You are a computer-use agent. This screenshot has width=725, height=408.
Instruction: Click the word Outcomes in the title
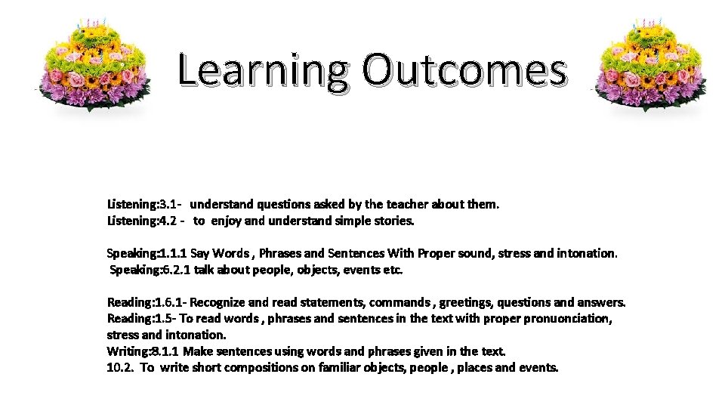(463, 70)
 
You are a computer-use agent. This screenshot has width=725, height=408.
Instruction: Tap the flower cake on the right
(651, 65)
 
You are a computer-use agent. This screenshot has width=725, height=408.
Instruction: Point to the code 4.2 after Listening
(169, 221)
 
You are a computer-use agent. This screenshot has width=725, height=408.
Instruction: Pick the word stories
(393, 221)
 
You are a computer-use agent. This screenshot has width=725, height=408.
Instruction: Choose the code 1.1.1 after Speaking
(173, 253)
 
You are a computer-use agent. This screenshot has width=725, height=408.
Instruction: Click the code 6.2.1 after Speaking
(177, 270)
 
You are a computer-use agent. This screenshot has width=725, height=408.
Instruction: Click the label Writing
(128, 351)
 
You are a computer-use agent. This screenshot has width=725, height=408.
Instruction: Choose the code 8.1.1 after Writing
(165, 351)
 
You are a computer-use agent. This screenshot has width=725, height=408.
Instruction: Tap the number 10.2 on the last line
(120, 368)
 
